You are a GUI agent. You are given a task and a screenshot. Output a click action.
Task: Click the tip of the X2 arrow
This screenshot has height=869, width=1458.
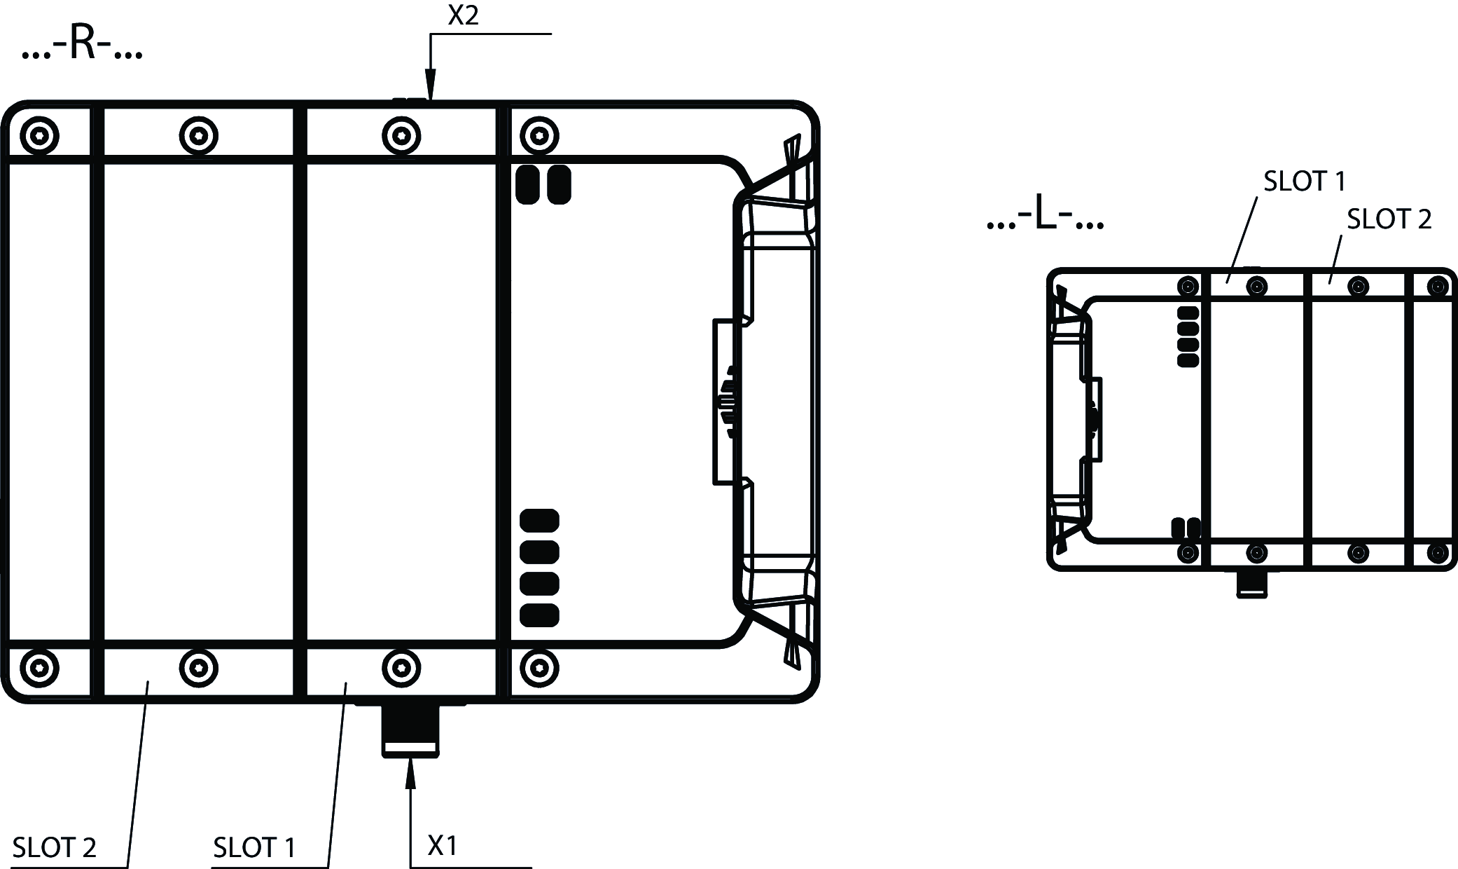(431, 101)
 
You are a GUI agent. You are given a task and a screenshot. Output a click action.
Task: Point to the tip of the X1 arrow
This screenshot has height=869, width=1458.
(410, 758)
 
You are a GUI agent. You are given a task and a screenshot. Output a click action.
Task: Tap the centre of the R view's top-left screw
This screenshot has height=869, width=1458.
(39, 135)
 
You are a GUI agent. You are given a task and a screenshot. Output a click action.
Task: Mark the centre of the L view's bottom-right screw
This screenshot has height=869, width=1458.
(1437, 552)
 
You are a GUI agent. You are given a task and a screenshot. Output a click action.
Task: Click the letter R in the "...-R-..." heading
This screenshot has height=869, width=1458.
(83, 44)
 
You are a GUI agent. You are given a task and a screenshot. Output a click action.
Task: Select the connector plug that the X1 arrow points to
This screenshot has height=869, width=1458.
(410, 730)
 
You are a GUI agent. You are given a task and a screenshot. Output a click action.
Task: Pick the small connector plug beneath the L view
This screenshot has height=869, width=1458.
(1252, 584)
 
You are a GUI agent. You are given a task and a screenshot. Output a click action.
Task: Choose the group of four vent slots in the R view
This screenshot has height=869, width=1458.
(539, 568)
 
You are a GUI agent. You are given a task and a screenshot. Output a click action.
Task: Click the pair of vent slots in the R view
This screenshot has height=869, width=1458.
(543, 184)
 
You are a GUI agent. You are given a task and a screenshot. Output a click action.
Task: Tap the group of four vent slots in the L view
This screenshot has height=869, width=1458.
(1188, 337)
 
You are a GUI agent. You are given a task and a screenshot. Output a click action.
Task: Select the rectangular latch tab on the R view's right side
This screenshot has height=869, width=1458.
(728, 402)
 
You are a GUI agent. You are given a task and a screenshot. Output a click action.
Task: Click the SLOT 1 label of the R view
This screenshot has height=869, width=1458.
(254, 848)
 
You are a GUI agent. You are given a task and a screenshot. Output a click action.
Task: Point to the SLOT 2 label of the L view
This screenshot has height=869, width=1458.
(1389, 219)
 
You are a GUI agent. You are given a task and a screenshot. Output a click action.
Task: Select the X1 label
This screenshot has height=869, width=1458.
(443, 846)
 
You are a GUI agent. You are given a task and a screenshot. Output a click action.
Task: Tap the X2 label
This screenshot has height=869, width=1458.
(463, 15)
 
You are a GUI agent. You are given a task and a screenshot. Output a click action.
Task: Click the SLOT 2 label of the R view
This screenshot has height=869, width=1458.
(55, 848)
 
